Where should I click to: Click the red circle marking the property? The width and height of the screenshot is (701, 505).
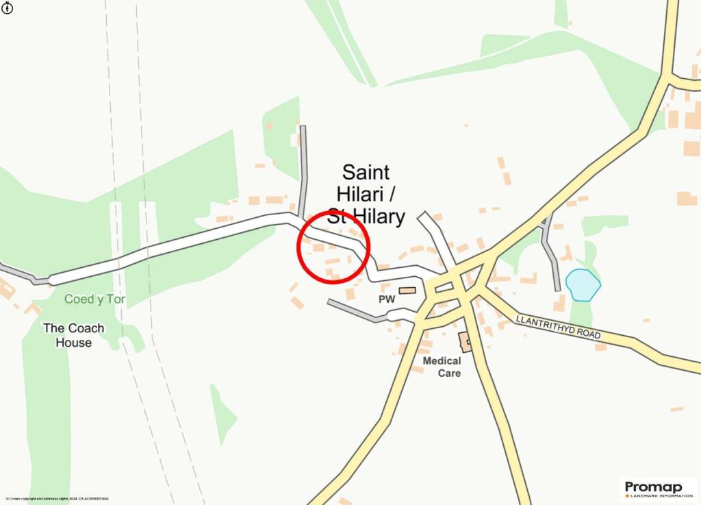(x=333, y=247)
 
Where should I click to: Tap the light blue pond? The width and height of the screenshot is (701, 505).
(x=583, y=285)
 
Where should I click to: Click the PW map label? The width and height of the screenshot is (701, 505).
(x=387, y=300)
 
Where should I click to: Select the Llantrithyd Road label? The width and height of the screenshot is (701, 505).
(x=558, y=327)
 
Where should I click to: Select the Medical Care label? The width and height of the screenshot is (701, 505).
(x=442, y=367)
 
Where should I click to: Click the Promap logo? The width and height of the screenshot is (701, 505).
(x=653, y=486)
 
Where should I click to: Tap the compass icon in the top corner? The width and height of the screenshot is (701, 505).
(x=7, y=8)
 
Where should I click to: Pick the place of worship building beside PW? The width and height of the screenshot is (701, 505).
(x=407, y=291)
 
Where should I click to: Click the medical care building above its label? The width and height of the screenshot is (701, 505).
(x=465, y=341)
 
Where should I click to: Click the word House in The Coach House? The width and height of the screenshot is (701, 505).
(x=73, y=342)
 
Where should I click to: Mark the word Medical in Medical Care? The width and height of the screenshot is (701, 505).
(x=442, y=360)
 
